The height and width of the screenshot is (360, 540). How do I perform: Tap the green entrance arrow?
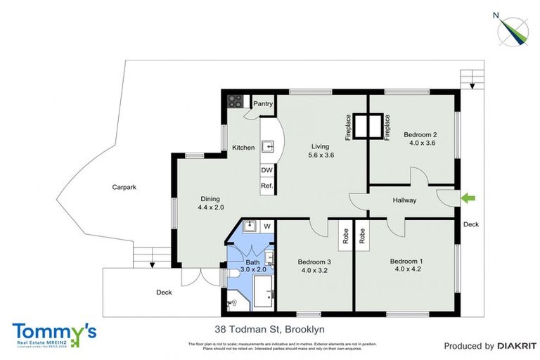(466, 200)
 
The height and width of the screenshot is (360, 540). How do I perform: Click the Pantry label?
(263, 103)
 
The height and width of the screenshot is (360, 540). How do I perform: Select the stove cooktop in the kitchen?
(235, 101)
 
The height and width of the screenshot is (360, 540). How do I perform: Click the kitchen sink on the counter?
(268, 147)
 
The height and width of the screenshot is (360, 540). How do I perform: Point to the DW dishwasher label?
(266, 170)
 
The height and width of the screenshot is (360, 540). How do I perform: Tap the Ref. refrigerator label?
(266, 186)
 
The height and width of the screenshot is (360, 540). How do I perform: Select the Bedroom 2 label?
(420, 134)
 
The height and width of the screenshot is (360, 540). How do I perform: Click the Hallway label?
(405, 200)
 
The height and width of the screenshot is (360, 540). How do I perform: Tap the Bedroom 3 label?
(314, 262)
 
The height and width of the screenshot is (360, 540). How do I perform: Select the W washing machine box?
(266, 226)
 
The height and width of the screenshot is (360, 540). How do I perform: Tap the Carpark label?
(124, 188)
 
